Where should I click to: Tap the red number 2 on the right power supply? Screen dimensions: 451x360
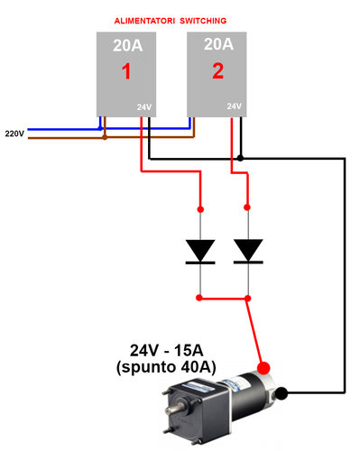[x=217, y=72]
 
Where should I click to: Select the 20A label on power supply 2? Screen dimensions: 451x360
[x=217, y=43]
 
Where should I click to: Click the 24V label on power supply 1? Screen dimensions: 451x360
[x=144, y=107]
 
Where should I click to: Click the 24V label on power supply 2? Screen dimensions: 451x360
[x=235, y=106]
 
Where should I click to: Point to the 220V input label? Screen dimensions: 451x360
[x=14, y=132]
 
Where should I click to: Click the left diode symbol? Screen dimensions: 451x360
[x=199, y=250]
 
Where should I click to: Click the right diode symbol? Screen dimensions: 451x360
[x=247, y=250]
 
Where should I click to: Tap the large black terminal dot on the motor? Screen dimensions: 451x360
[x=282, y=393]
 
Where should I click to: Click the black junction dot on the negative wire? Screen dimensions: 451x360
[x=239, y=159]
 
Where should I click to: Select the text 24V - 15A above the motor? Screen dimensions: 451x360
[x=174, y=350]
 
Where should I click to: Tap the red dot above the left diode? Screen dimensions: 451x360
[x=199, y=207]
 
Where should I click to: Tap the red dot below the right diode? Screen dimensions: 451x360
[x=247, y=296]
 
